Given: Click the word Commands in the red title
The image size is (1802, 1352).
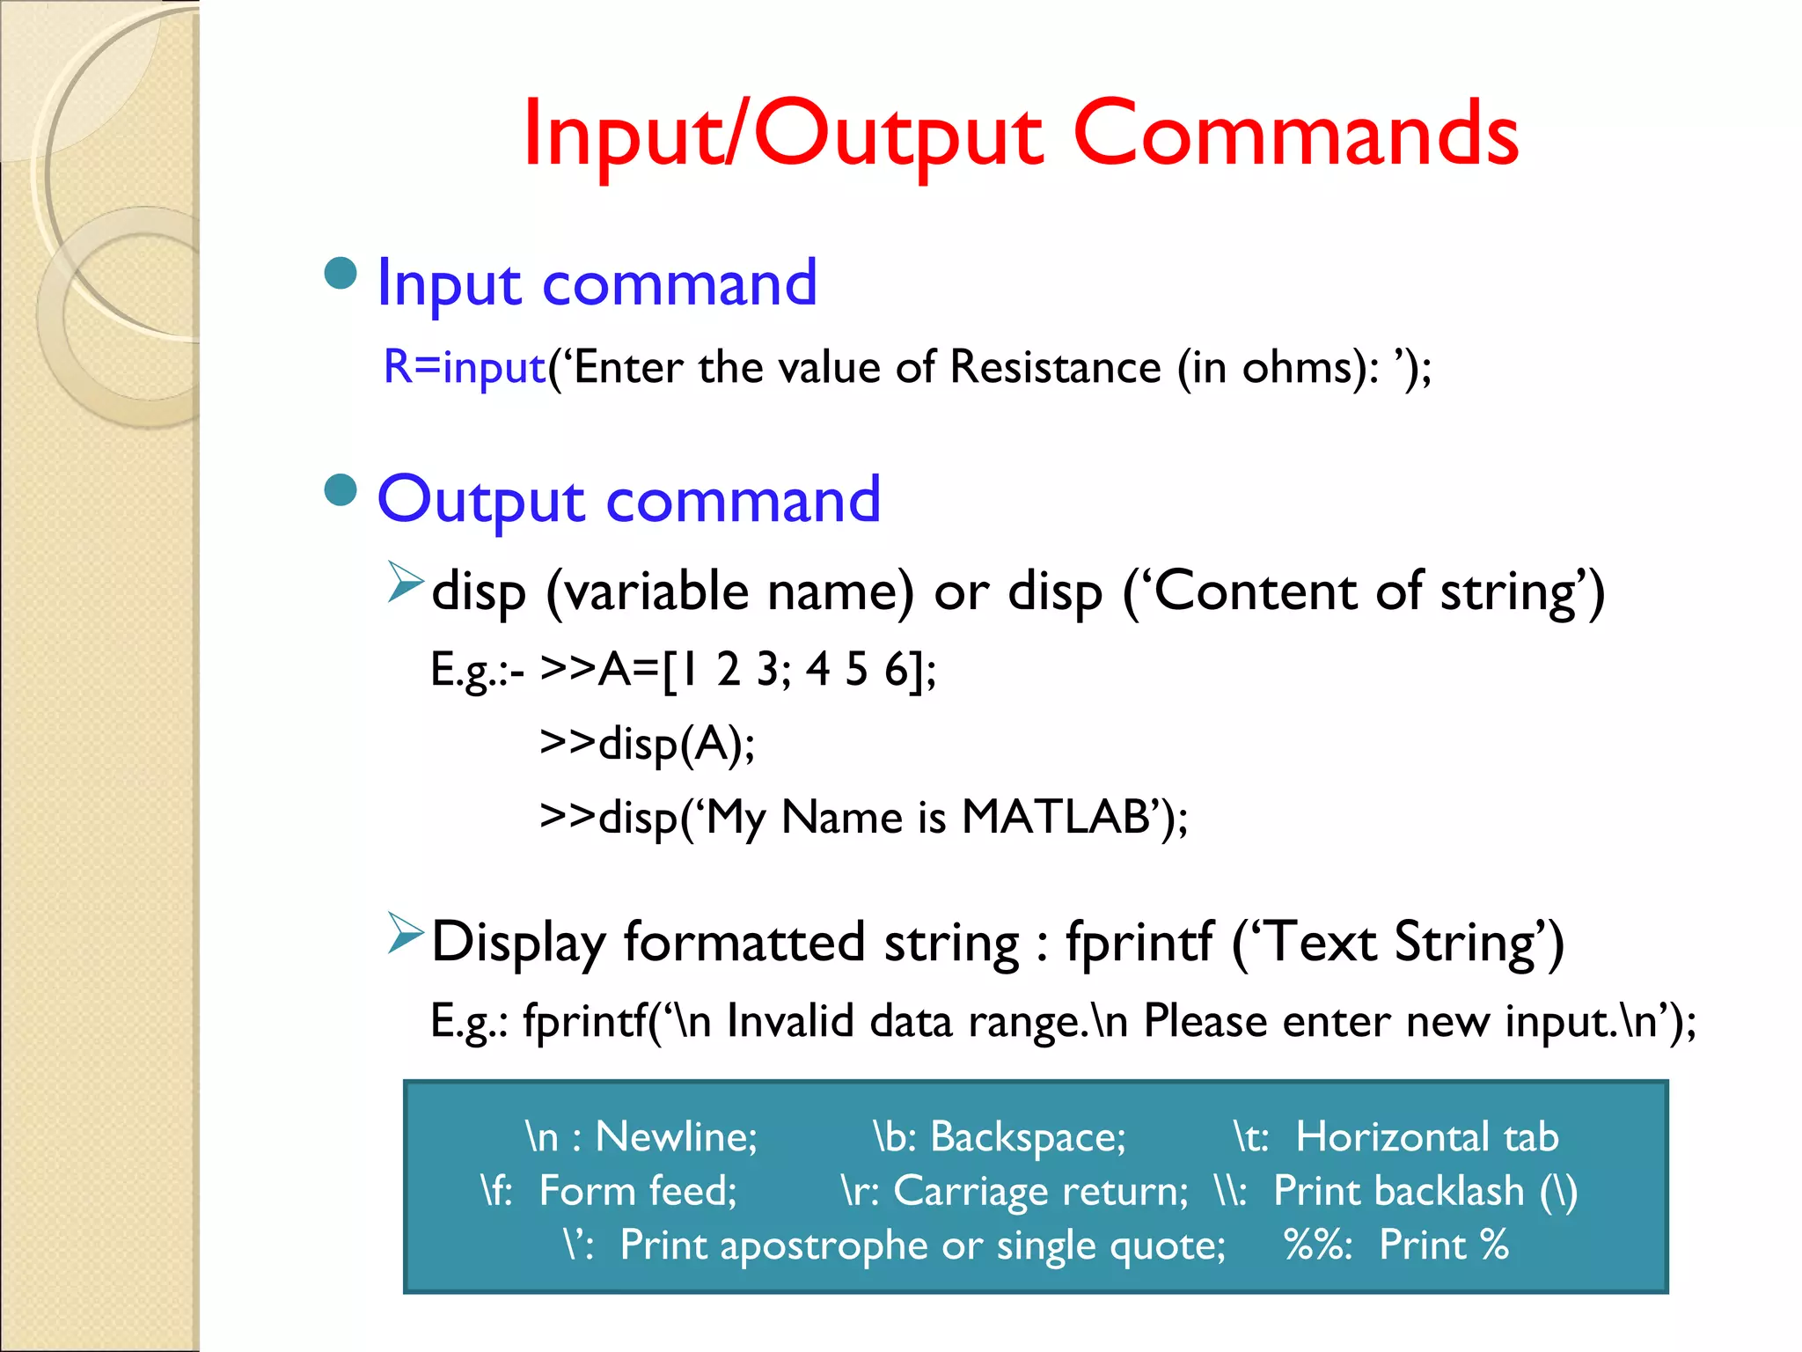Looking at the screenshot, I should point(1295,134).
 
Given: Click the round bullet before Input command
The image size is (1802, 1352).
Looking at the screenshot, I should point(341,274).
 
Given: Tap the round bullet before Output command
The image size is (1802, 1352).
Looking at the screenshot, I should point(341,490).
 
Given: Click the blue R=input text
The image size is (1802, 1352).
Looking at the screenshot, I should point(465,367).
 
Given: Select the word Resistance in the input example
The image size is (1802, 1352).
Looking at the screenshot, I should point(1055,367).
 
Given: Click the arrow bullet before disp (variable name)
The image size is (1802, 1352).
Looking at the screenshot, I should point(406,583).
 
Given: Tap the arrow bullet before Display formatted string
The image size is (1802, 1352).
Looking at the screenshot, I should point(406,934).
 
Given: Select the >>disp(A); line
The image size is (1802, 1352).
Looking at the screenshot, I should point(647,744).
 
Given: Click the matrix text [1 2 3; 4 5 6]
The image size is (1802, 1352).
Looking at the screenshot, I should point(796,670).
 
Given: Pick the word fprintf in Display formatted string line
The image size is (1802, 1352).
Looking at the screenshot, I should point(1139,942).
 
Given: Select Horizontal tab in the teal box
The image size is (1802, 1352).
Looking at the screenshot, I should point(1426,1136).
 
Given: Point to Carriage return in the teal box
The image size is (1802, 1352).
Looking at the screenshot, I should point(1038,1191).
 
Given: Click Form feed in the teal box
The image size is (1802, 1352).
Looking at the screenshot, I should point(637,1191).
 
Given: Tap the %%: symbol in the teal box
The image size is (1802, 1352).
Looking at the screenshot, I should point(1316,1245).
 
